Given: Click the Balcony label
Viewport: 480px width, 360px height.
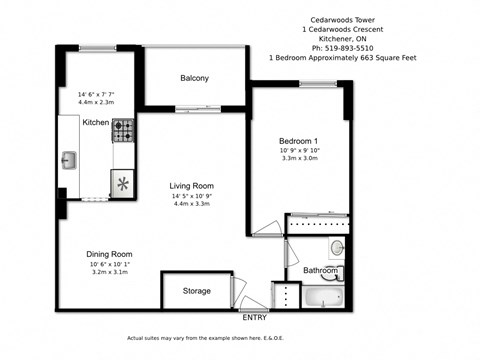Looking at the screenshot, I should (x=194, y=78).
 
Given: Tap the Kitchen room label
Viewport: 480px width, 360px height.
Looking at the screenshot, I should (x=96, y=122).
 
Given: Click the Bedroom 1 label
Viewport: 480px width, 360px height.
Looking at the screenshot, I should (x=299, y=141).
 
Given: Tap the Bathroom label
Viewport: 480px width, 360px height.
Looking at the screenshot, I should (x=320, y=271).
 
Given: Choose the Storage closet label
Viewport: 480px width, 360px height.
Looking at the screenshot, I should (x=197, y=291).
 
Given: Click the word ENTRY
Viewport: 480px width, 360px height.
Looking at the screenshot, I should (x=255, y=318).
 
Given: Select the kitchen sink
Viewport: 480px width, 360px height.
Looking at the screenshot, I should (x=69, y=158).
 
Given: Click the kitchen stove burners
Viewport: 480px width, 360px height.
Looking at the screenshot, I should (x=123, y=129).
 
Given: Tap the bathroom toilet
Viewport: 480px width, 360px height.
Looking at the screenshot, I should (x=337, y=248).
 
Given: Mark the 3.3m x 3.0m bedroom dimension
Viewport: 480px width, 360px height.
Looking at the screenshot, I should (x=299, y=159).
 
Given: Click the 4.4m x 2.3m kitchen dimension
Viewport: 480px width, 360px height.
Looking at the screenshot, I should (x=96, y=102).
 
